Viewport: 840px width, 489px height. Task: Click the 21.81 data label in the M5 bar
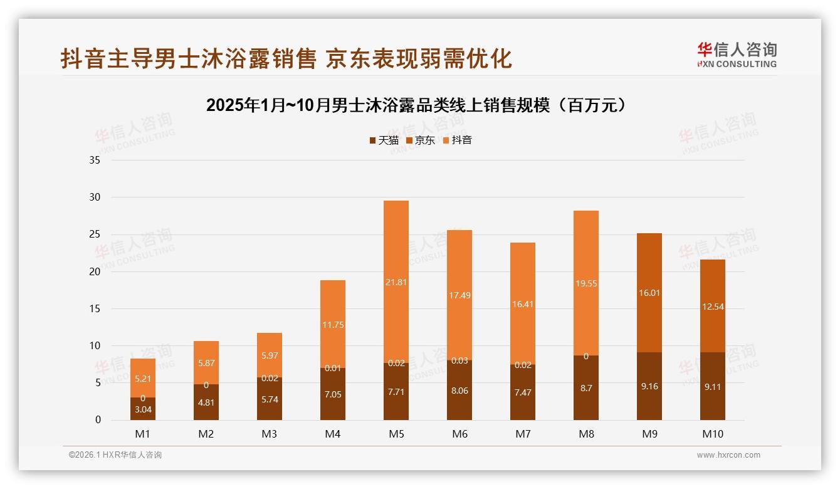click(x=396, y=283)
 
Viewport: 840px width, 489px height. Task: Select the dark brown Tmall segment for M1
click(x=143, y=409)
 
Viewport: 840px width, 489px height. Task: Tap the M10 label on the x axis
click(x=712, y=434)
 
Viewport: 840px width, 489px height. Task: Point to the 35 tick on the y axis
click(x=95, y=160)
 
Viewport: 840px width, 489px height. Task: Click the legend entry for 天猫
click(x=384, y=140)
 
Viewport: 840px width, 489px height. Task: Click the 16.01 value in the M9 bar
click(x=649, y=293)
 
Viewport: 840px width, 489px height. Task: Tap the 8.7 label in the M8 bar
click(x=586, y=388)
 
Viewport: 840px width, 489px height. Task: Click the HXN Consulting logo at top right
click(x=737, y=55)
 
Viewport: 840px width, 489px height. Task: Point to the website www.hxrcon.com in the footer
click(x=728, y=455)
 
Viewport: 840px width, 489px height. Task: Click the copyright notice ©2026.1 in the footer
click(x=115, y=455)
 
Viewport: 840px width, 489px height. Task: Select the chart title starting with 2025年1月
click(x=416, y=105)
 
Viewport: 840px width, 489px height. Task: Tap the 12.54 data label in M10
click(x=712, y=307)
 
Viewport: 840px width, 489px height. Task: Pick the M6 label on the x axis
click(x=459, y=434)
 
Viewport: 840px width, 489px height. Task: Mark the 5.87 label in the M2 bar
click(x=206, y=363)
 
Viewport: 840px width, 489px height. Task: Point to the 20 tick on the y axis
click(x=95, y=271)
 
